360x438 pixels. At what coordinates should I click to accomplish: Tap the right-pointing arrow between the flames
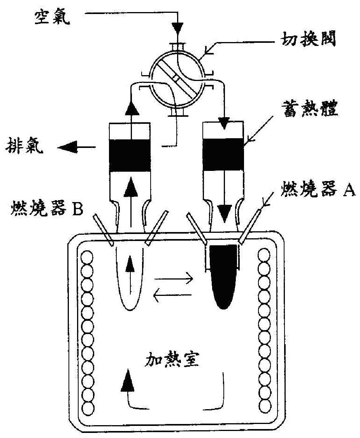point(173,279)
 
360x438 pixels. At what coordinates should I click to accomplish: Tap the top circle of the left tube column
point(87,258)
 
